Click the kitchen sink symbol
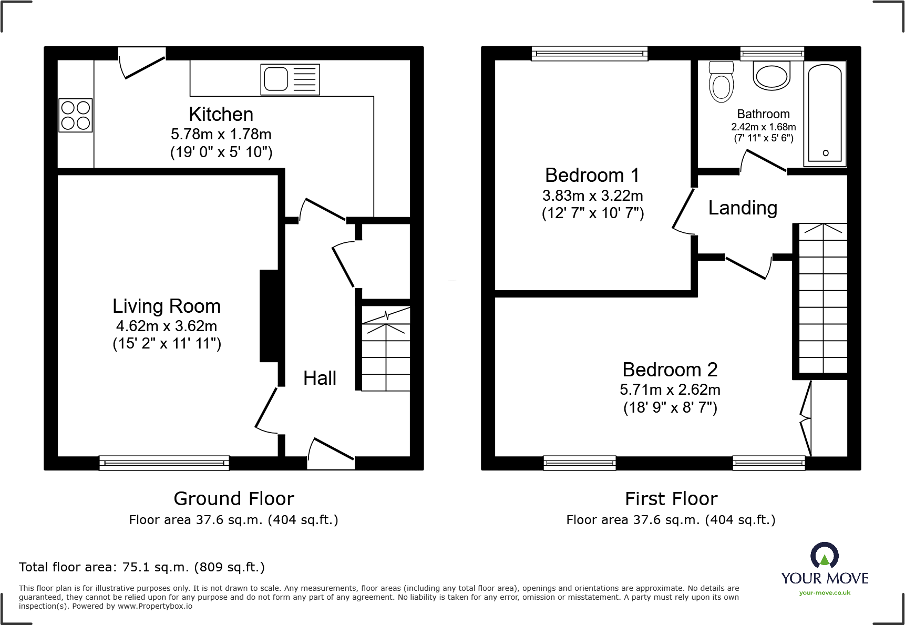[x=290, y=79]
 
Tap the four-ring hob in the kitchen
[x=76, y=115]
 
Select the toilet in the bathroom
[x=721, y=81]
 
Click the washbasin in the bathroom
[x=772, y=76]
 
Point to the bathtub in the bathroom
[x=825, y=113]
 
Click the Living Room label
[x=167, y=306]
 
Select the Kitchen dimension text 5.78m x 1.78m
[x=221, y=134]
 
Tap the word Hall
[x=320, y=378]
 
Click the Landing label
[x=743, y=208]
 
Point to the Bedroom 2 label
[x=670, y=370]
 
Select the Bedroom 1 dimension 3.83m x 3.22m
[x=592, y=196]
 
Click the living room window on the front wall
[x=164, y=463]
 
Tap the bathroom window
[x=772, y=53]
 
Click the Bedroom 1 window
[x=589, y=53]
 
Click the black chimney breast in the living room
[x=269, y=316]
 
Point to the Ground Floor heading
[x=234, y=498]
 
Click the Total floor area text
[x=142, y=567]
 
